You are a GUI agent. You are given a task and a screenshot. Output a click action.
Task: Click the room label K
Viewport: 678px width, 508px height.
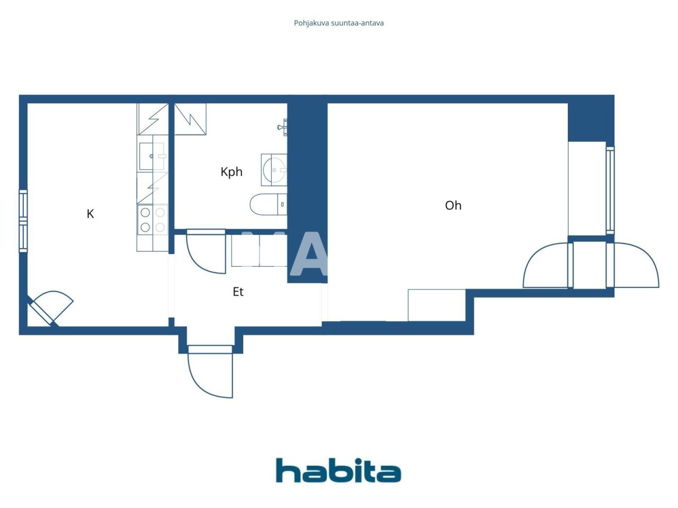[90, 214]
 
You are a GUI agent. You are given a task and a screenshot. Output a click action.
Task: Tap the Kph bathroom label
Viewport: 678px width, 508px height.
[231, 172]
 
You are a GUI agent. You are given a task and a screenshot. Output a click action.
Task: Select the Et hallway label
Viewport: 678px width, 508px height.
[238, 292]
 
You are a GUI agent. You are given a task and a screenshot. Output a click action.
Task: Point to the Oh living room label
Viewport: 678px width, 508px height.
[453, 205]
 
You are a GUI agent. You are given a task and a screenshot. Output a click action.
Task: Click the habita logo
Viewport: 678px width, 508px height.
[338, 470]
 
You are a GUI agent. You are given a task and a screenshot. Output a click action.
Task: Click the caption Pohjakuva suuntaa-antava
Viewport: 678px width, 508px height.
[338, 23]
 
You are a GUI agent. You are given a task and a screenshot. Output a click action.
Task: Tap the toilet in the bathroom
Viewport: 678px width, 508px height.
[268, 205]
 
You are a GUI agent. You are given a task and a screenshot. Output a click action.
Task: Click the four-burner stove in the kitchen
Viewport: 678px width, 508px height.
[152, 220]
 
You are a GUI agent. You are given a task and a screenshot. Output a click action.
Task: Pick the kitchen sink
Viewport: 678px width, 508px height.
[152, 156]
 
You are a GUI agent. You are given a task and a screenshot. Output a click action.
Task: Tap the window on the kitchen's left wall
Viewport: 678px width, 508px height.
[23, 221]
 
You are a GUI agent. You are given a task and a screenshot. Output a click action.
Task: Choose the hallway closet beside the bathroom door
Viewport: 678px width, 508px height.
[259, 250]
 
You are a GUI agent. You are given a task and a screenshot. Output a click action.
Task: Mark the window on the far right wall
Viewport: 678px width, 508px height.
[610, 190]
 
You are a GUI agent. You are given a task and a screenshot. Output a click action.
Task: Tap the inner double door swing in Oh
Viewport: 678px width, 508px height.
[546, 266]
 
